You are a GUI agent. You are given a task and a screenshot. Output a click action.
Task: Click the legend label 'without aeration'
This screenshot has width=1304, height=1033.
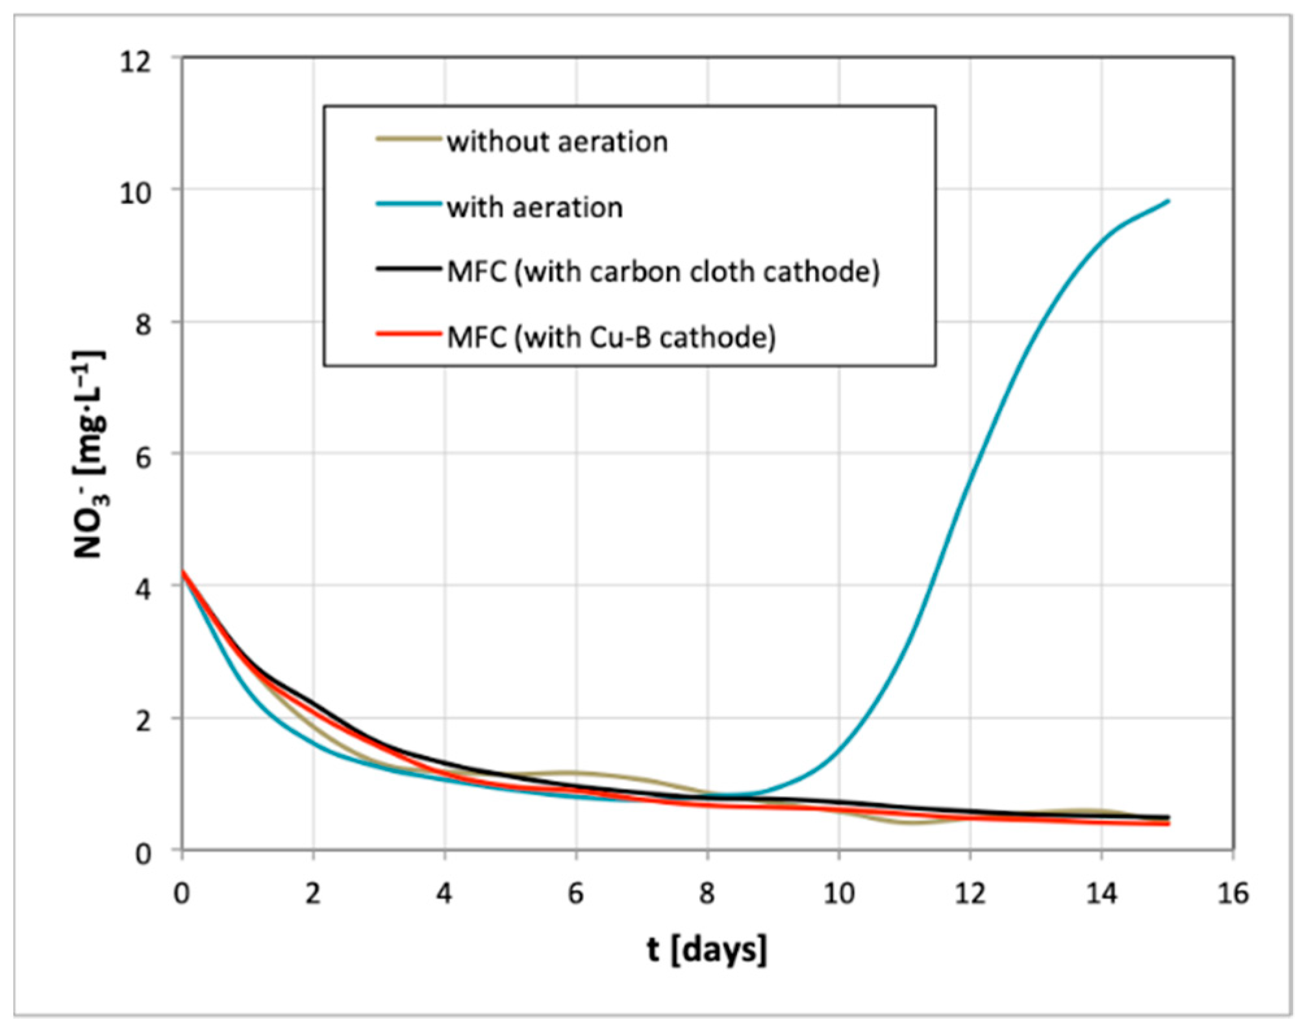[x=557, y=142]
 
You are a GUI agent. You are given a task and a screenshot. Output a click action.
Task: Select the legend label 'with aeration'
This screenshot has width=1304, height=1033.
[x=534, y=208]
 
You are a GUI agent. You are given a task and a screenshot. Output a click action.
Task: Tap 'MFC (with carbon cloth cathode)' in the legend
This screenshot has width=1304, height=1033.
[x=663, y=272]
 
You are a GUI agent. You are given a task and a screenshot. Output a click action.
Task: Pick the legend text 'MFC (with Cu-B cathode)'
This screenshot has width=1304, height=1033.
[x=611, y=337]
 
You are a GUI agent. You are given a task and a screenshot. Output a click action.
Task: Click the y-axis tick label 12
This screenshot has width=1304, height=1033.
[x=136, y=62]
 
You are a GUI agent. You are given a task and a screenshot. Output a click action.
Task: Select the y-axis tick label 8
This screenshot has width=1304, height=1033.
[x=144, y=324]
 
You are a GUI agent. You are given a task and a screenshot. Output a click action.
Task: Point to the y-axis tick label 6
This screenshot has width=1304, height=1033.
[x=144, y=457]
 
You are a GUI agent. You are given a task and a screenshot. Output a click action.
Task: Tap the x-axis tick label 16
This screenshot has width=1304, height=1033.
[x=1233, y=894]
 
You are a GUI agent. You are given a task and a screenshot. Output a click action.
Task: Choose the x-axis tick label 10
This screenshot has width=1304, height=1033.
[x=839, y=894]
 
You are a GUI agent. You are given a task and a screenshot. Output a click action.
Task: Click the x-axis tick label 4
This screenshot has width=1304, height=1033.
[x=444, y=894]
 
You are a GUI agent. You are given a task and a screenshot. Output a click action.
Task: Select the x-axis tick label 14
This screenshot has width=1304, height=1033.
[x=1101, y=894]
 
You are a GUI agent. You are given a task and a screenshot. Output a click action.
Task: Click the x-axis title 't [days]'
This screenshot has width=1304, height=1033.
[x=707, y=950]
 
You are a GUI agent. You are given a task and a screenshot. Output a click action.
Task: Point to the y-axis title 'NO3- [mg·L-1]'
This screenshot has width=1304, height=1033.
[x=89, y=455]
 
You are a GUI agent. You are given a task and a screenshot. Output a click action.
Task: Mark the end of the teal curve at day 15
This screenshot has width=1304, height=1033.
[x=1168, y=201]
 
